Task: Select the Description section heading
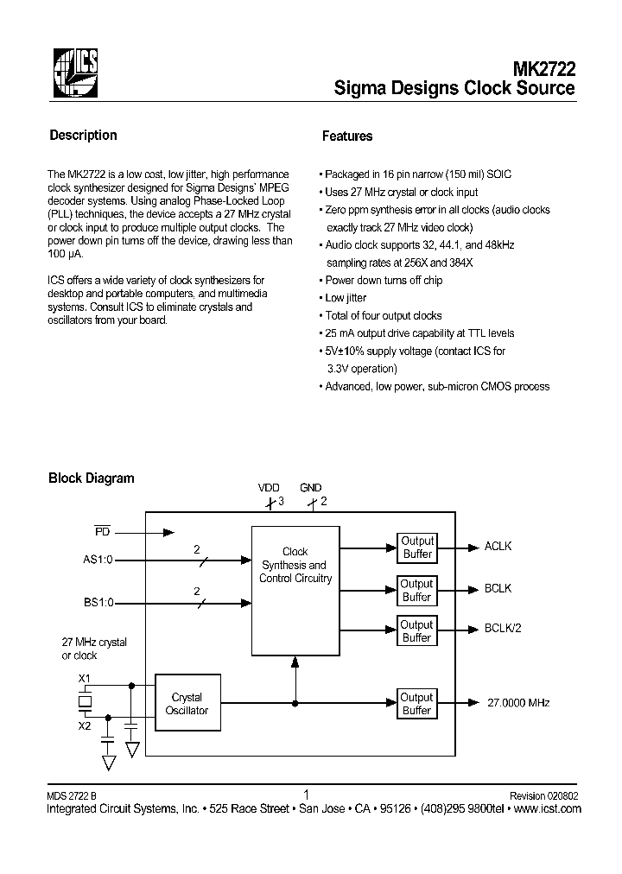(83, 136)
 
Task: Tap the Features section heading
(347, 136)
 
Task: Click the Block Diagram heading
(91, 478)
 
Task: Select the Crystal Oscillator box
(187, 704)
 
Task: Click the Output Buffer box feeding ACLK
(416, 548)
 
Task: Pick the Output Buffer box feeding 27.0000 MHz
(416, 704)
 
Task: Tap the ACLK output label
(498, 547)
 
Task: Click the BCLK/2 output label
(503, 629)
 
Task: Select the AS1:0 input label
(98, 560)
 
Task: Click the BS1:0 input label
(98, 603)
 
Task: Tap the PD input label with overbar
(102, 530)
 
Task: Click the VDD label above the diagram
(269, 488)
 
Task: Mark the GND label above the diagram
(310, 488)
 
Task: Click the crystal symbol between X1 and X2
(84, 703)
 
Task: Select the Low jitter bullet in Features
(346, 298)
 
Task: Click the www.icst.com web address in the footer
(548, 809)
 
